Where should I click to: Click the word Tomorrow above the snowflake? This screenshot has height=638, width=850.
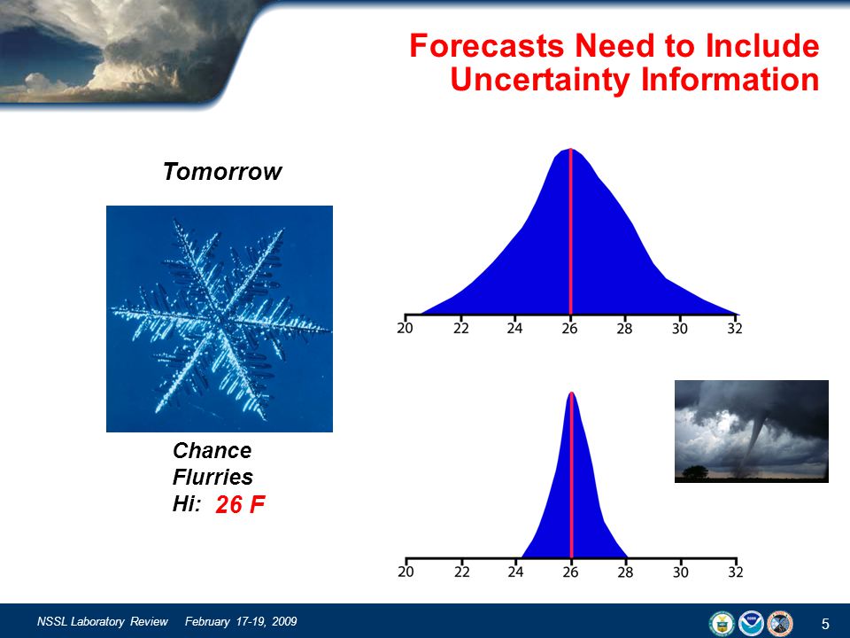(222, 171)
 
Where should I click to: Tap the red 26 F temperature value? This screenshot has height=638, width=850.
(240, 504)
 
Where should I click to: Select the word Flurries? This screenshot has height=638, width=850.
(212, 478)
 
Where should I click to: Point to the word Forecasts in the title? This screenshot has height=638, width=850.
(486, 45)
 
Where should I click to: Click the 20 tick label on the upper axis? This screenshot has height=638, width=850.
(405, 328)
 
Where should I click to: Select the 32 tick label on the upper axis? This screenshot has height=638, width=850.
(735, 328)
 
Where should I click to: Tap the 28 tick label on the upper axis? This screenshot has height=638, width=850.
(624, 328)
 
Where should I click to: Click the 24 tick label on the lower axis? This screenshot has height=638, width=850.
(515, 572)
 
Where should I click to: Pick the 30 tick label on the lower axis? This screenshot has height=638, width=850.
(680, 572)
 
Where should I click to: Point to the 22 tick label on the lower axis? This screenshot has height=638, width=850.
(461, 572)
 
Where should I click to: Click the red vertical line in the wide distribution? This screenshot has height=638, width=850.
(570, 231)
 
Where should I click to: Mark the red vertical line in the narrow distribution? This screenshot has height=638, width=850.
(571, 475)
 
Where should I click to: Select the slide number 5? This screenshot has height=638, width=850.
(825, 624)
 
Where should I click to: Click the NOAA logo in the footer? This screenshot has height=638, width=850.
(751, 623)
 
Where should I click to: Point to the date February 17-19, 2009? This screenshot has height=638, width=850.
(241, 622)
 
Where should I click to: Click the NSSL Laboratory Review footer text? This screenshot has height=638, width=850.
(103, 622)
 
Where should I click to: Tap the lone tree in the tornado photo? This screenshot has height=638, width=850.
(696, 472)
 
